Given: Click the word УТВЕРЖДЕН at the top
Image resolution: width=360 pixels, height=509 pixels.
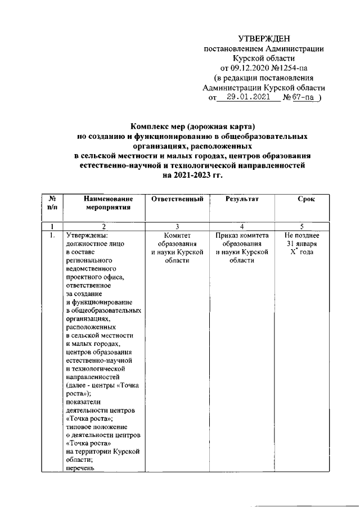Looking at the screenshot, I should point(264,38).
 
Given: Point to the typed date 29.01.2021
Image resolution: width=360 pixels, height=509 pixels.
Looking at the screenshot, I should point(247,97).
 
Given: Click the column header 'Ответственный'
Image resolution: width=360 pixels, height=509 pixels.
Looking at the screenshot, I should point(177,199).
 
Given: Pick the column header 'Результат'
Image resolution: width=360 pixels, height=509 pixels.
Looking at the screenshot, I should point(241,199).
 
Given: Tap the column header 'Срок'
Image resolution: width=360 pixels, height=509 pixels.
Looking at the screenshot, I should point(305,199).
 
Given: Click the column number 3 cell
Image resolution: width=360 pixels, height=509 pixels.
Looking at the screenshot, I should point(177,226).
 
